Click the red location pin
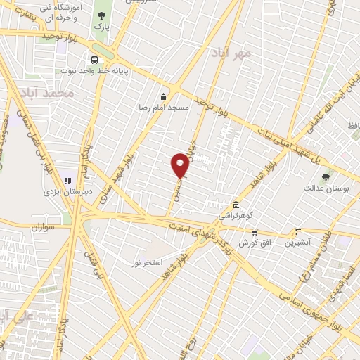coord(180,165)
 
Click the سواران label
coord(42,228)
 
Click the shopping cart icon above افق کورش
coord(255,233)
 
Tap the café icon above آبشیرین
coord(298,231)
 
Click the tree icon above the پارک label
coord(103,15)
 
